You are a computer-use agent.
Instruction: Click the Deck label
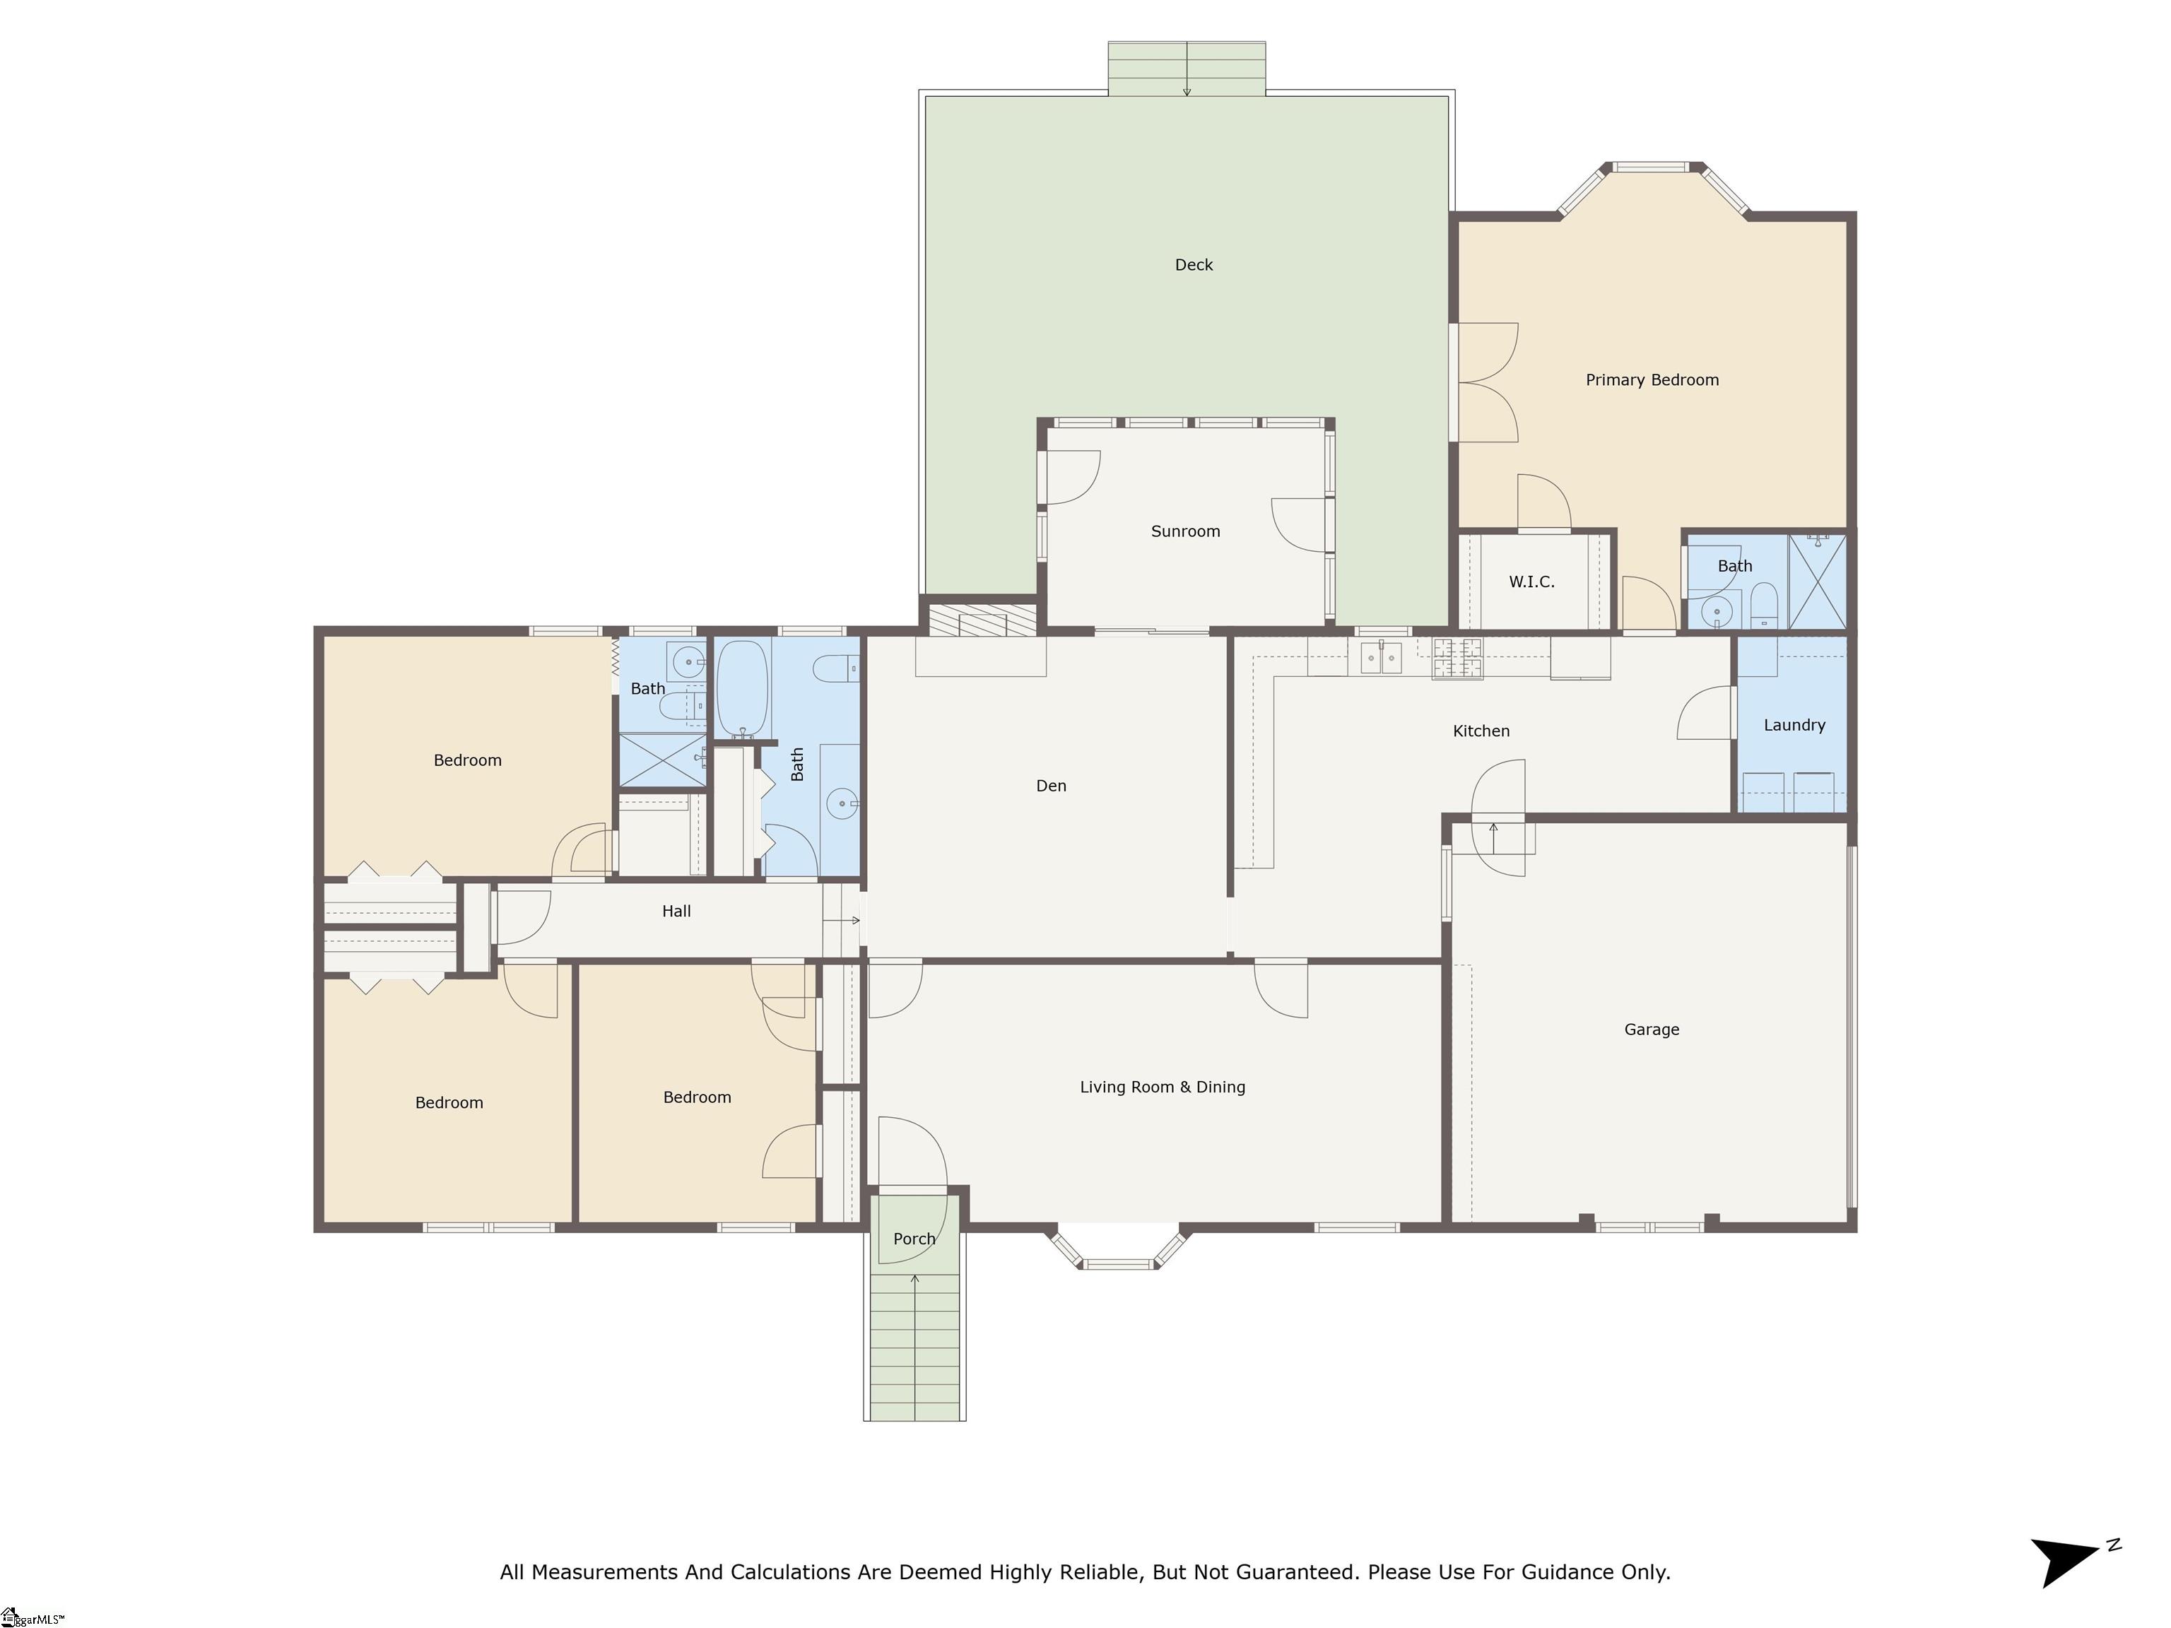(x=1194, y=265)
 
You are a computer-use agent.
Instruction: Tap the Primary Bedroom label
(x=1652, y=379)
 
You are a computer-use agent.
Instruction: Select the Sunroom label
(x=1184, y=531)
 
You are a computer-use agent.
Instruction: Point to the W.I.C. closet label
(x=1531, y=582)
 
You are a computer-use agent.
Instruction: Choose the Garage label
(x=1651, y=1030)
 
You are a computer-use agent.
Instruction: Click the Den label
(x=1050, y=786)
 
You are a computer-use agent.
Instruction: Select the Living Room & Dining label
(x=1162, y=1087)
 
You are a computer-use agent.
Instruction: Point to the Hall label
(x=676, y=912)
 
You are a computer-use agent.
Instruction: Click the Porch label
(x=914, y=1239)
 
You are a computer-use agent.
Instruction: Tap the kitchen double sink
(x=1381, y=657)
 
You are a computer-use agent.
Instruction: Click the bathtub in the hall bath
(x=742, y=689)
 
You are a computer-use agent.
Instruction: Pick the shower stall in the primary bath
(x=1817, y=581)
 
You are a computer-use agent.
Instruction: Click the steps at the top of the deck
(x=1187, y=69)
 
